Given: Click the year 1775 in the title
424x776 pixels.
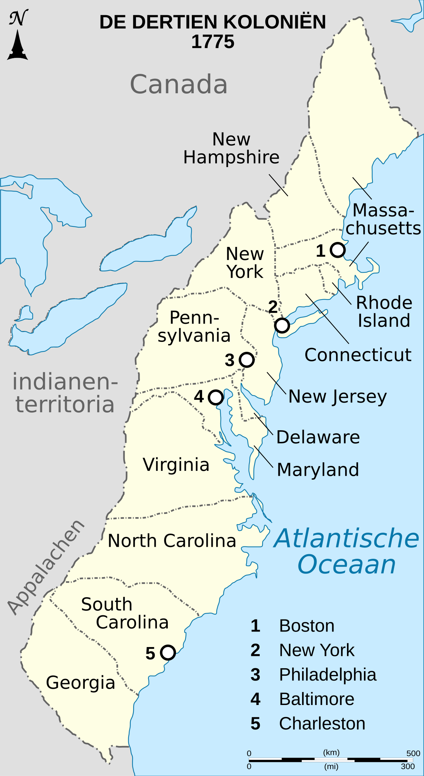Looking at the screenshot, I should click(x=213, y=42).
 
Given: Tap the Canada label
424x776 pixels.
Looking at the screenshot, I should click(x=179, y=84).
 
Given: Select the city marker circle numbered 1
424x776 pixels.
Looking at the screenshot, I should click(x=338, y=250).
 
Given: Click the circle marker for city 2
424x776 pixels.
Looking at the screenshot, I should click(x=282, y=325).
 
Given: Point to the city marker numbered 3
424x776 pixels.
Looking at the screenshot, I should click(x=247, y=360).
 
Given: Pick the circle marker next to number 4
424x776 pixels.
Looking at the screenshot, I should click(x=216, y=397).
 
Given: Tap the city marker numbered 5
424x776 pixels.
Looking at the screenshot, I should click(x=168, y=652).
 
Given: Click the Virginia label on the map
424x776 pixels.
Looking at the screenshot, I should click(x=176, y=464).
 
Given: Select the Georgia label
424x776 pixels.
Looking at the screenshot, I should click(x=81, y=682).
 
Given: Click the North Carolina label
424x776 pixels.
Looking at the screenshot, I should click(x=172, y=540).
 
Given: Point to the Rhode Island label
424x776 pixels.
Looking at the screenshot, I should click(x=384, y=312).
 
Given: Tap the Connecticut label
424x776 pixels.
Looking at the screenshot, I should click(x=358, y=355).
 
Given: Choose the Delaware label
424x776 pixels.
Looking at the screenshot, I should click(x=318, y=437).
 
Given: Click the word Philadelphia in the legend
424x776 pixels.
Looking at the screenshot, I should click(x=328, y=675).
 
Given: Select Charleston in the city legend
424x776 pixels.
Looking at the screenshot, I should click(x=322, y=724).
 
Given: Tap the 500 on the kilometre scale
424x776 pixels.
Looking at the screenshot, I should click(x=413, y=753).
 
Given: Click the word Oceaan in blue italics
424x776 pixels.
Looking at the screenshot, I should click(x=347, y=564).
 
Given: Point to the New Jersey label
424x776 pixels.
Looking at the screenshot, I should click(x=337, y=396).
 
